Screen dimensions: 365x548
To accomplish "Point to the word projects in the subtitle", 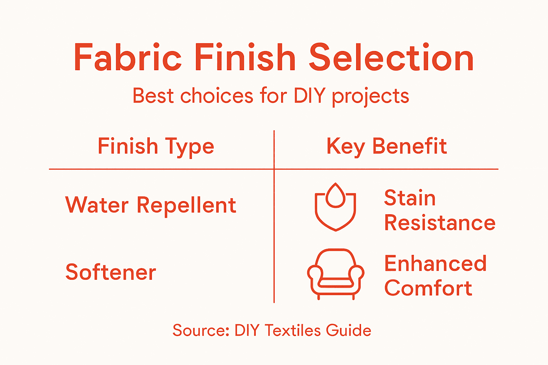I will tap(370, 96).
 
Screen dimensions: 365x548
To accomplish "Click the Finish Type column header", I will tap(156, 146).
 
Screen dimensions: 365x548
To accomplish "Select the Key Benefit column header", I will tap(386, 146).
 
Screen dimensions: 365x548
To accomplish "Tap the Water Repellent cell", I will tap(151, 205).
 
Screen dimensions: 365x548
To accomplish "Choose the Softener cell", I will tap(111, 272).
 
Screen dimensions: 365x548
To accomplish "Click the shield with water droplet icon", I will tap(335, 207).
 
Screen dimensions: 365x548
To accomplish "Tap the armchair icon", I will tap(335, 274).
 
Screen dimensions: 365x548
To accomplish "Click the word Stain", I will tap(410, 198).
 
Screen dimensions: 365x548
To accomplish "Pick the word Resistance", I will tap(440, 223).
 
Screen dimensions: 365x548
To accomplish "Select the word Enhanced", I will tap(435, 263).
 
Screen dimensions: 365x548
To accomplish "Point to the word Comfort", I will tap(428, 288).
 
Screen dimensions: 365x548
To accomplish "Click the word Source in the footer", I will tap(201, 330).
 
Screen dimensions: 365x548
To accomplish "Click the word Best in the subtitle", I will tap(153, 96).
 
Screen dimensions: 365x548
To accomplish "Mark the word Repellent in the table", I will tap(186, 205).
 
